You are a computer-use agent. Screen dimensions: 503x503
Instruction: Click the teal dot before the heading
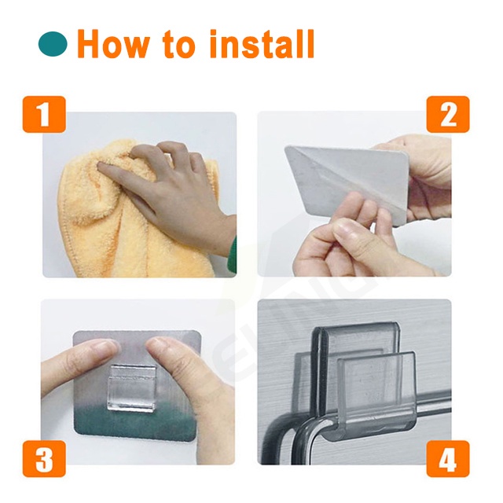53,45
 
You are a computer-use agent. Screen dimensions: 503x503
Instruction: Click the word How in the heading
112,44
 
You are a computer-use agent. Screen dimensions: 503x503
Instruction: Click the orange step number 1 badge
44,116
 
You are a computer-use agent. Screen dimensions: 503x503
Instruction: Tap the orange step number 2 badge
447,116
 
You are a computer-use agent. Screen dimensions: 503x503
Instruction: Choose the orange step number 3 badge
44,459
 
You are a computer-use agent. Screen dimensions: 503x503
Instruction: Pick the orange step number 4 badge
447,459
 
